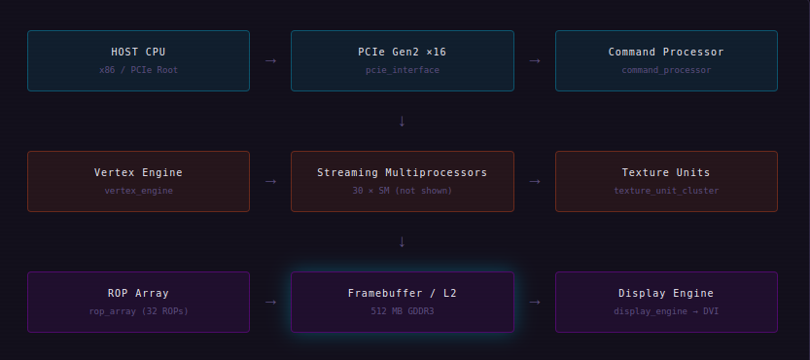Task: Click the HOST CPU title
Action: pos(138,52)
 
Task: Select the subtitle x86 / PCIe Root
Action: pos(138,70)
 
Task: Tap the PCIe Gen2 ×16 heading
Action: pos(402,52)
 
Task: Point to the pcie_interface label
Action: pos(403,70)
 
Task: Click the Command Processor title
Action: pos(666,52)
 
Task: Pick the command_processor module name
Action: pos(666,70)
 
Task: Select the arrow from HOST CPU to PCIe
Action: pos(270,61)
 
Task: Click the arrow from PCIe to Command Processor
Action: pos(535,61)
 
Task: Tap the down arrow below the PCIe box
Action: pos(402,121)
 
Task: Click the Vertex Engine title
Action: pos(138,172)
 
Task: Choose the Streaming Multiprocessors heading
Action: pos(402,172)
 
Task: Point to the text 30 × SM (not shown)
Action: pos(402,191)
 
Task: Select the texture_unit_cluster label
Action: pos(666,191)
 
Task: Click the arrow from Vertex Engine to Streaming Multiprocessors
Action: pos(270,182)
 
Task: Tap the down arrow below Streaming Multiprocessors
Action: pos(402,241)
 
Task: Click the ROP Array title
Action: pos(138,293)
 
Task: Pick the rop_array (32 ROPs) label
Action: pos(138,310)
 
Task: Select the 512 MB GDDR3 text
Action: pos(402,310)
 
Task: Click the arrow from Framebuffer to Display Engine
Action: pos(535,302)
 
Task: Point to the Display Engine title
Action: pos(666,293)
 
